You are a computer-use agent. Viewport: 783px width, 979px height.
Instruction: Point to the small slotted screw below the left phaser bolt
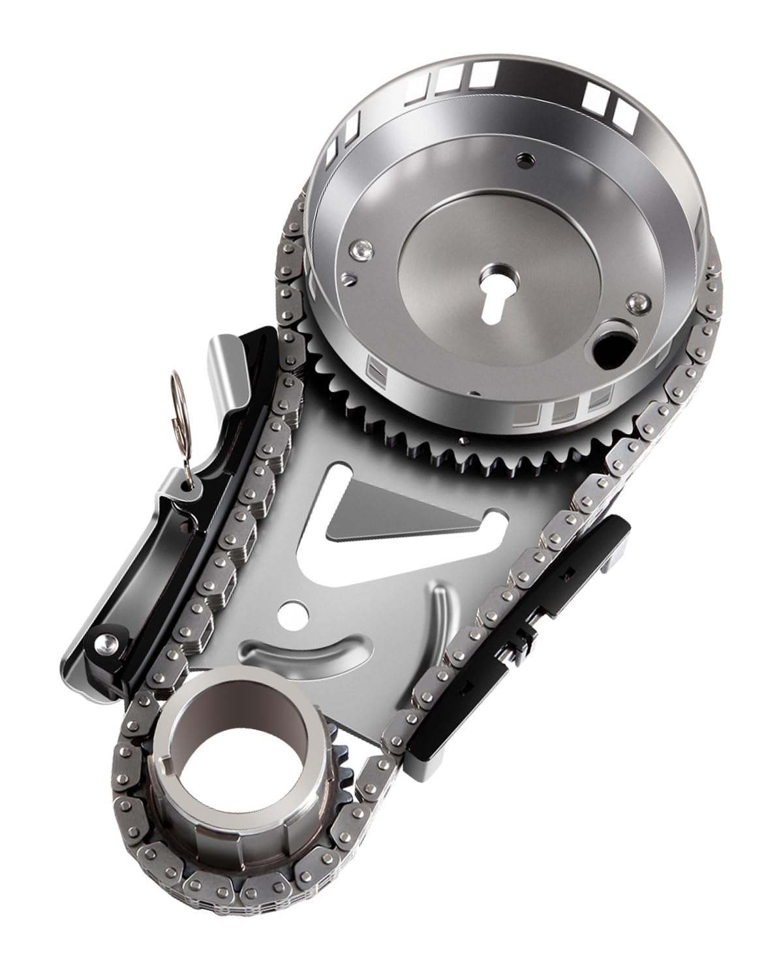click(x=352, y=279)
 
